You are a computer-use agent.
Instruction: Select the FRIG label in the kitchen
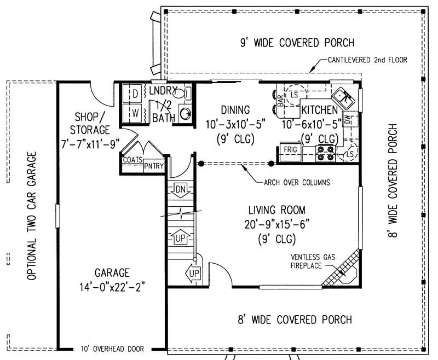[x=289, y=149]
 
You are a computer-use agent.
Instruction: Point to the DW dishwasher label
[x=348, y=121]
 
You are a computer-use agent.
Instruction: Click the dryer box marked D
[x=134, y=94]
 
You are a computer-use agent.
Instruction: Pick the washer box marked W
[x=134, y=114]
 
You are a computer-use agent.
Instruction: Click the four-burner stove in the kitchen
[x=326, y=153]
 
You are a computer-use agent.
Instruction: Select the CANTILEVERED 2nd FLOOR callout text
[x=367, y=60]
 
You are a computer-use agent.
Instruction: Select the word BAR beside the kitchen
[x=280, y=101]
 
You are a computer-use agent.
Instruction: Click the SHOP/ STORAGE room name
[x=90, y=123]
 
